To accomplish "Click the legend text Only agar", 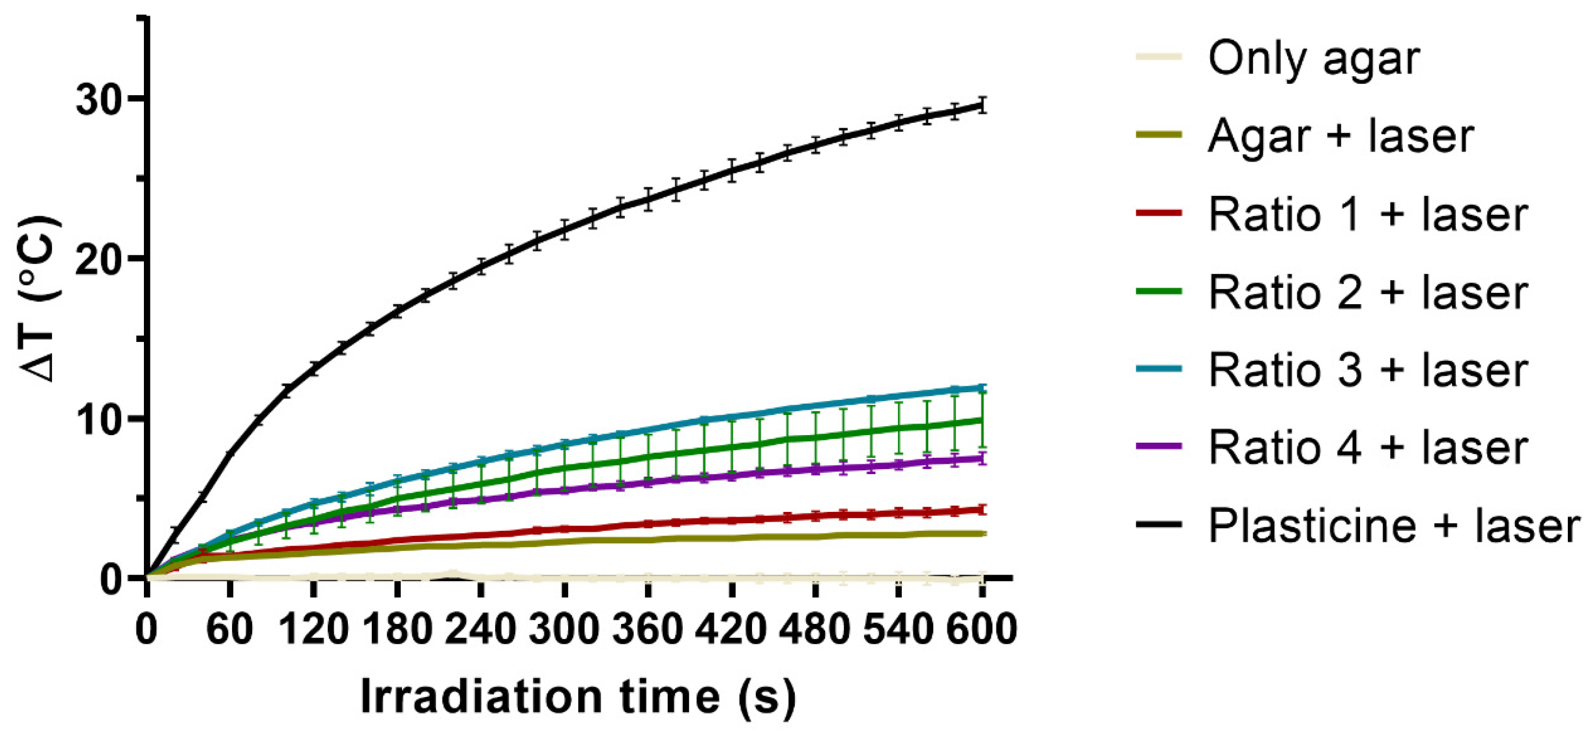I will click(1314, 59).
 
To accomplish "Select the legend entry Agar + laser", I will click(1340, 136).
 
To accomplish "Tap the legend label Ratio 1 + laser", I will click(1367, 214).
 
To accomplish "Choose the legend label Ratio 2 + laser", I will click(1367, 293).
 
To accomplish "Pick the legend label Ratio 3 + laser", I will click(1367, 370).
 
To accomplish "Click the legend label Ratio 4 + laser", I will click(1367, 448).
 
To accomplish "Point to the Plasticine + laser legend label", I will click(1394, 525).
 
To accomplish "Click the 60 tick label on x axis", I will click(229, 630).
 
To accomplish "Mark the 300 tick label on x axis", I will click(564, 630).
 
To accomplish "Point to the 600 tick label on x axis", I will click(981, 630).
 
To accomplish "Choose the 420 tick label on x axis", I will click(731, 630).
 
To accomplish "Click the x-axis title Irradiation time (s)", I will click(578, 697).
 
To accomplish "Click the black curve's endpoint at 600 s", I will click(981, 106).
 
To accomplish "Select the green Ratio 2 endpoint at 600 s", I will click(981, 420).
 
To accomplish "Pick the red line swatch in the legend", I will click(1158, 213).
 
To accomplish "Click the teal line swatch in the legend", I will click(1158, 369).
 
